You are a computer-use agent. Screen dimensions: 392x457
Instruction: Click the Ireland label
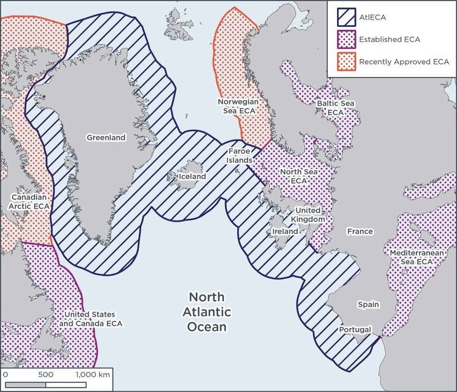[x=284, y=232]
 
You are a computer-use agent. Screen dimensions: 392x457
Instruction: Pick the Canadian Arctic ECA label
[x=27, y=201]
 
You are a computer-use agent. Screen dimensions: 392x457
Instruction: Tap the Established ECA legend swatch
[x=344, y=39]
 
